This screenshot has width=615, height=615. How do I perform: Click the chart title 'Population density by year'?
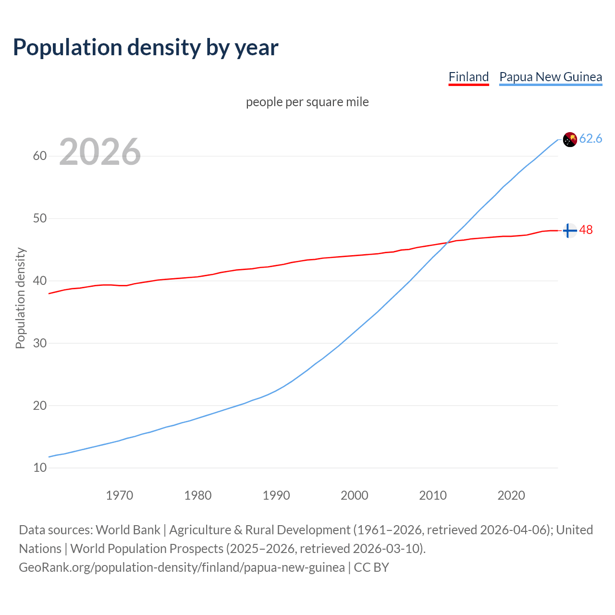tap(146, 48)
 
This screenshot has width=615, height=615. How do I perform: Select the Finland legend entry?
tap(468, 77)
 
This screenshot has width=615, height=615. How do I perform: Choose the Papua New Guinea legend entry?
tap(551, 77)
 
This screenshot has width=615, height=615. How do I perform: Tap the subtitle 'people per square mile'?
tap(307, 102)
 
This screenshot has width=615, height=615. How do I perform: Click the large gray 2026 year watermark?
tap(100, 152)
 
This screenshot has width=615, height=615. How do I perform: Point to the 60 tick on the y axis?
tap(40, 156)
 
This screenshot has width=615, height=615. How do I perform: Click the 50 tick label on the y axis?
tap(40, 219)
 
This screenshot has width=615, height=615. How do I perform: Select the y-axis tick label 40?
tap(40, 281)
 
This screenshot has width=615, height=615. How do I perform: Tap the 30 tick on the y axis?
tap(40, 343)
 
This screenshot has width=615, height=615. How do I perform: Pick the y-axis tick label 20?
tap(40, 406)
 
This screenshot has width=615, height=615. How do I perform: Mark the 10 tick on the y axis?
tap(40, 467)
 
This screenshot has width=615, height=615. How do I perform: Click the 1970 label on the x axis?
tap(120, 495)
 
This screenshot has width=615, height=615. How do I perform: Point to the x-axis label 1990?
tap(276, 495)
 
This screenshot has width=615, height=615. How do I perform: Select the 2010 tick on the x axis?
tap(433, 495)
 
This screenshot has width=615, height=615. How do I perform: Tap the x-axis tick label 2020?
tap(511, 495)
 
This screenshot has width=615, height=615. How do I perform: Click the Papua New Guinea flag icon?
tap(570, 139)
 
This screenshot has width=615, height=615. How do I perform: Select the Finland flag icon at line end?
tap(570, 231)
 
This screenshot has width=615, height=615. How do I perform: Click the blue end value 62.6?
tap(590, 139)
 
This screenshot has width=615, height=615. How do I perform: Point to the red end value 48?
tap(586, 230)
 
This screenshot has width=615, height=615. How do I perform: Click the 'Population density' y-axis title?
tap(20, 298)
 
